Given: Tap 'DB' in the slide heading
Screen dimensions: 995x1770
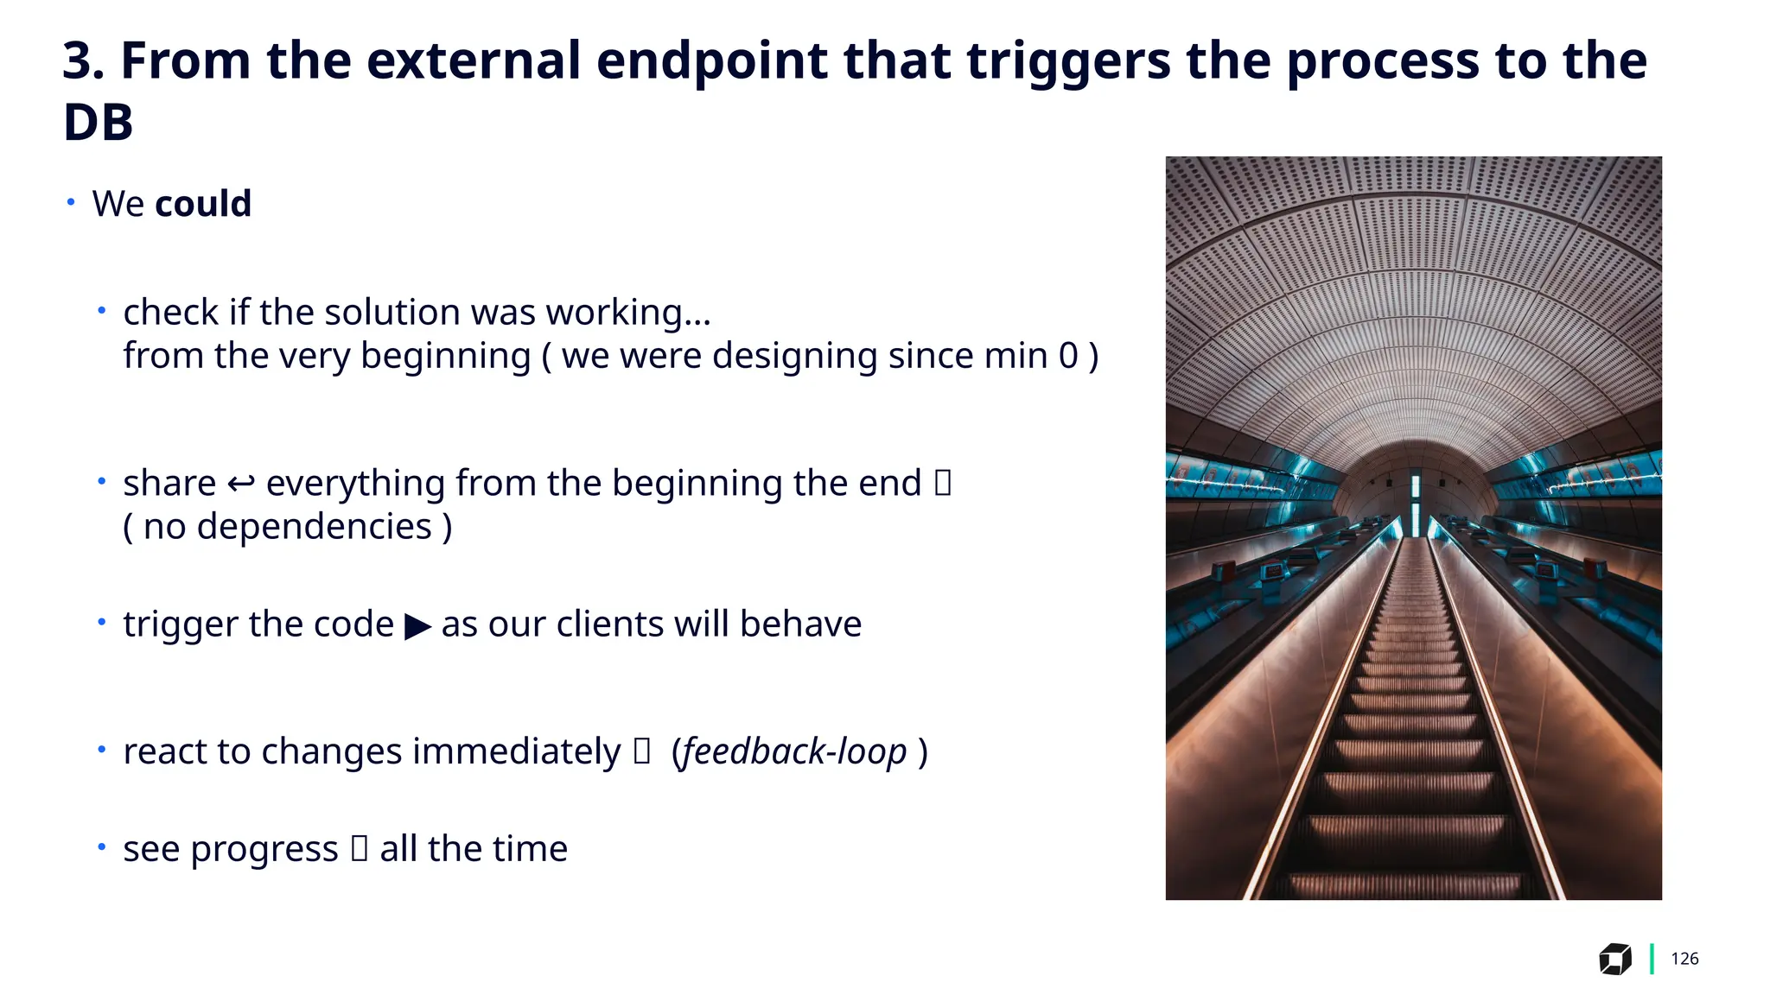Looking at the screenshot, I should [x=98, y=123].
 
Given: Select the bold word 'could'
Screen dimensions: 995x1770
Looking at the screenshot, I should [x=203, y=205].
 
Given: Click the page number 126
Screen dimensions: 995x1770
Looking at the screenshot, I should [x=1684, y=959].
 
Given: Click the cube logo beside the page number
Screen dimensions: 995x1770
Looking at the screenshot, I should [x=1614, y=959].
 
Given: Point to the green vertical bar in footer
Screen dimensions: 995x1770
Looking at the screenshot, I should [x=1652, y=959].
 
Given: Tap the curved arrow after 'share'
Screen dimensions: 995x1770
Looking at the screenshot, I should [x=240, y=484].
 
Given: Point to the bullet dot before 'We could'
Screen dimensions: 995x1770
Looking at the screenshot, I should [x=71, y=202].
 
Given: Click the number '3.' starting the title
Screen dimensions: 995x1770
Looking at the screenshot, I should [x=83, y=62].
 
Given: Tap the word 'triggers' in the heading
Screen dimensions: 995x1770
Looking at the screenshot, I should [x=1068, y=62].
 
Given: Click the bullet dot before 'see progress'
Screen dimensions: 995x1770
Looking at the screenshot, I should [x=102, y=847].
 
